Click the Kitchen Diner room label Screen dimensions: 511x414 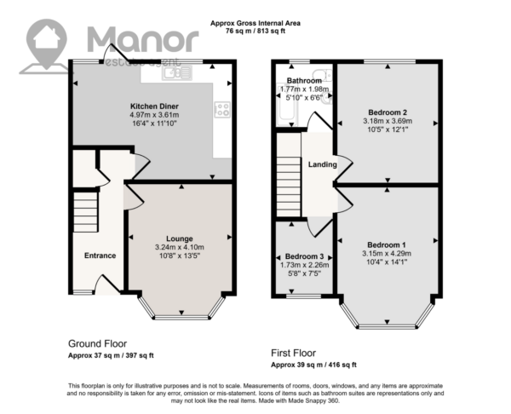[154, 106]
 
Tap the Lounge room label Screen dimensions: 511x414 [180, 239]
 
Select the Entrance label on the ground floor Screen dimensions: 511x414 [100, 256]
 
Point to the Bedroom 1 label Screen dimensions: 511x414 [387, 244]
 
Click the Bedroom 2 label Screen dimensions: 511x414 [388, 112]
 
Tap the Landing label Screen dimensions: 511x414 [323, 164]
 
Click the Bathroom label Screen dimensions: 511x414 [304, 81]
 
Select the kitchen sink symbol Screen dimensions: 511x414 [178, 73]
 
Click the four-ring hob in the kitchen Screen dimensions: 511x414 [222, 110]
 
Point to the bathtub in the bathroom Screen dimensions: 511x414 [288, 104]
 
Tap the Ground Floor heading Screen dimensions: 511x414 [97, 343]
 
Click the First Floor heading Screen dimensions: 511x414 [293, 353]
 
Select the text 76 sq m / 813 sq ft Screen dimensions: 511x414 [255, 32]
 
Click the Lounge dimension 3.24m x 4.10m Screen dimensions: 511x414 [180, 247]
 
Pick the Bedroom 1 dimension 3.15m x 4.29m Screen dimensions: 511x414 [387, 254]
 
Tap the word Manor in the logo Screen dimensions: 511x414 [143, 40]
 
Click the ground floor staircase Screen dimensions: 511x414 [85, 212]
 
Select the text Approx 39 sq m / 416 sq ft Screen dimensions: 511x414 [313, 365]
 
